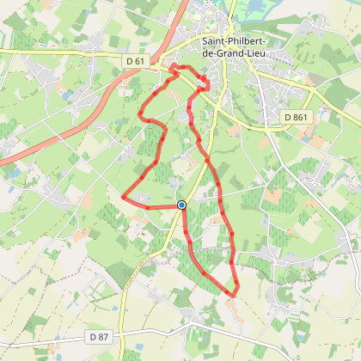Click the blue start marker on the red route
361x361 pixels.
[181, 205]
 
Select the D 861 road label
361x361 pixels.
[294, 116]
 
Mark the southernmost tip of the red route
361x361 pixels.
[232, 297]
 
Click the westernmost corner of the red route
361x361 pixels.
[125, 197]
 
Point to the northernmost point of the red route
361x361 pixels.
[174, 65]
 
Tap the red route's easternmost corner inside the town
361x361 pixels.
[209, 83]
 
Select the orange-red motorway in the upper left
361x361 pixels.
[52, 138]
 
